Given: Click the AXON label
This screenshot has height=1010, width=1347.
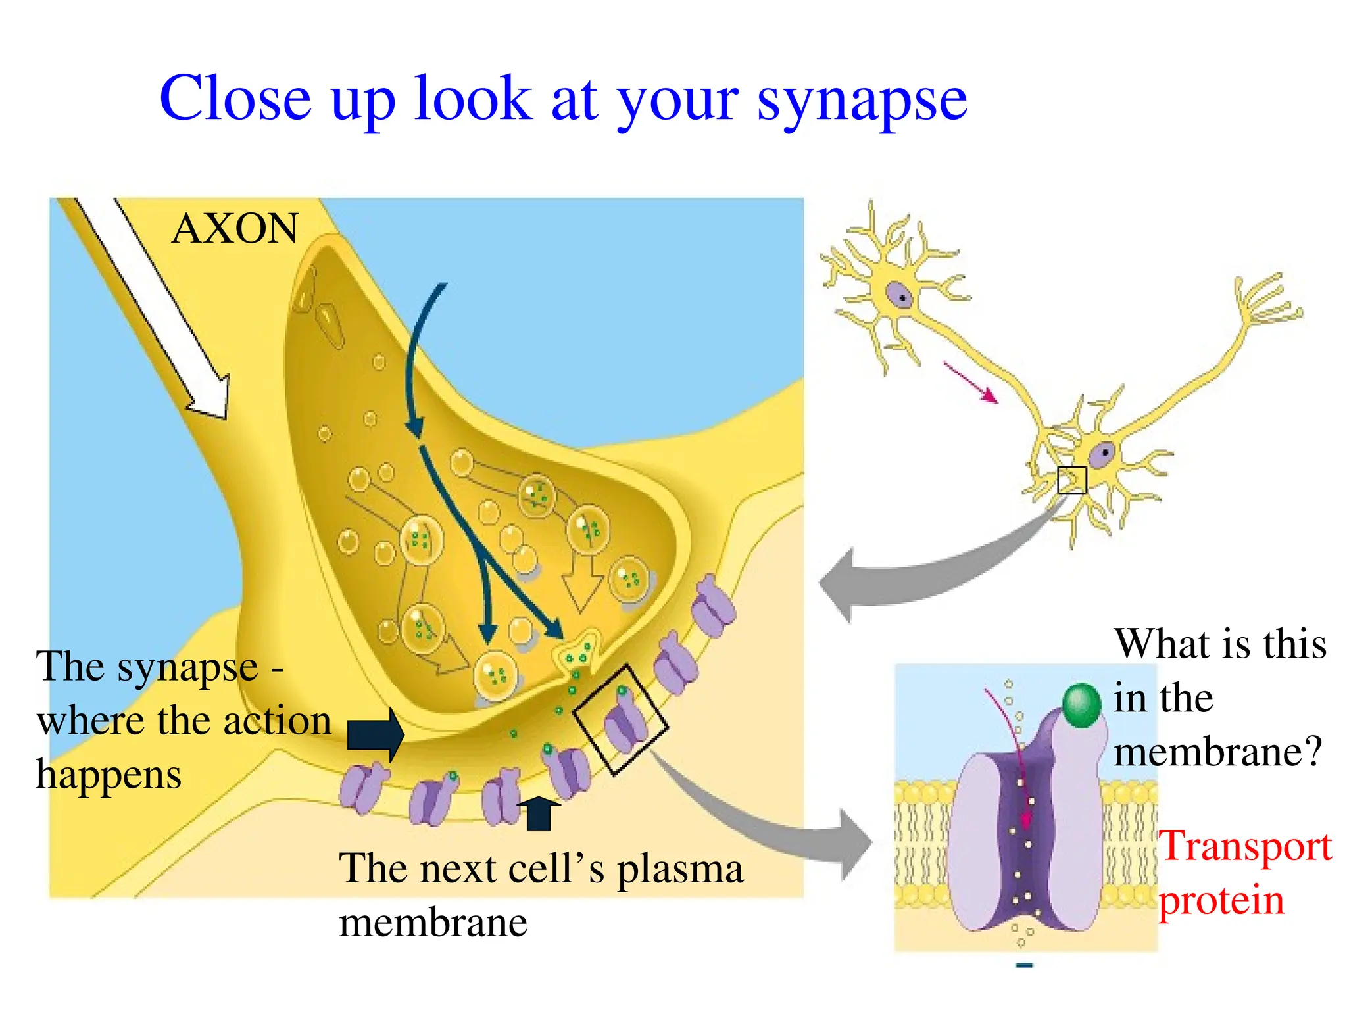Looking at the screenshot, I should (235, 228).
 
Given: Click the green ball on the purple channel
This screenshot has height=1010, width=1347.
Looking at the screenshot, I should (1081, 705).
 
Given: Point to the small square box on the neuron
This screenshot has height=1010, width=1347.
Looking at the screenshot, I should (1071, 480).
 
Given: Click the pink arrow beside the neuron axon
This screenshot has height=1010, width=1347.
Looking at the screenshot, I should (971, 382).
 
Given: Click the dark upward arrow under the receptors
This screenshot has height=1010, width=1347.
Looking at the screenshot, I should (539, 813).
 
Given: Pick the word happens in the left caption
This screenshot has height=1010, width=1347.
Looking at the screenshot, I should (109, 775).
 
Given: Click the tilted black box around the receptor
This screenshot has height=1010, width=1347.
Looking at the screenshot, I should (620, 719).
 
